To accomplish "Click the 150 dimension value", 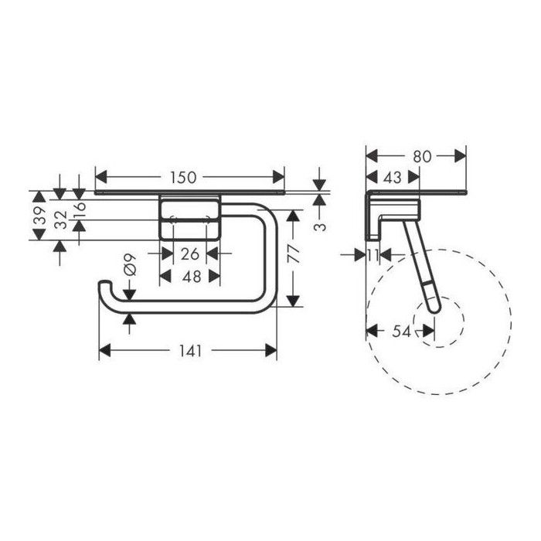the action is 183,178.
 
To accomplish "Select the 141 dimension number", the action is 190,351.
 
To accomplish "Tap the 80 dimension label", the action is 422,157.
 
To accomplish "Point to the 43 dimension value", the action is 393,178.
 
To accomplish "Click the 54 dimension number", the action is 402,332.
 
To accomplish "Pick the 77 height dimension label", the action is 293,254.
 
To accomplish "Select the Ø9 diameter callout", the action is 130,265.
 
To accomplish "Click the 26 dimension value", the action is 190,254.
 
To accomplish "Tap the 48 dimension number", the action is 192,277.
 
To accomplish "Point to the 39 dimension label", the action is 39,216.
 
